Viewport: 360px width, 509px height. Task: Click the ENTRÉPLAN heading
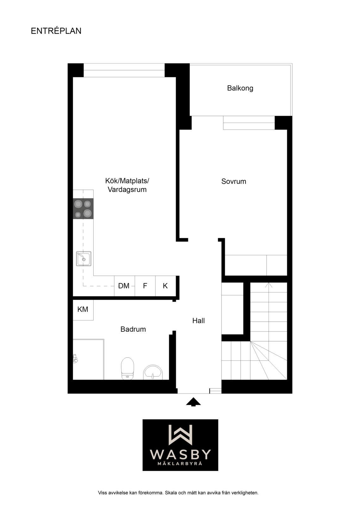click(56, 31)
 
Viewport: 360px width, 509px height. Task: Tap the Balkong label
click(240, 88)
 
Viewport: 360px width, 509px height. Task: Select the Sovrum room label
click(233, 181)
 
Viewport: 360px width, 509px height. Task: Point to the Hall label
click(198, 321)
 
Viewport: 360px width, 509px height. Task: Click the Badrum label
click(133, 329)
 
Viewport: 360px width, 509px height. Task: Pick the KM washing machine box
click(83, 310)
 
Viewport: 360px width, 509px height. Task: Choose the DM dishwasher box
click(124, 286)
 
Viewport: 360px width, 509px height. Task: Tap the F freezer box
click(145, 286)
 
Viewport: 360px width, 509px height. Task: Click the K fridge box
click(166, 286)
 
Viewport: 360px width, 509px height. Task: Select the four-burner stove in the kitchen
click(83, 209)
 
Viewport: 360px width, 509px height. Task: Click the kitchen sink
click(84, 259)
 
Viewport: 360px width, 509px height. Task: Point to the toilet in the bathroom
click(127, 368)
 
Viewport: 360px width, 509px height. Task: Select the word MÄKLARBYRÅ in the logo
click(180, 463)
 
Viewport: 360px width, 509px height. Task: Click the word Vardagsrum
click(127, 189)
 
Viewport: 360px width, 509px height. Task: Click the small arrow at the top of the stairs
click(269, 285)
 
